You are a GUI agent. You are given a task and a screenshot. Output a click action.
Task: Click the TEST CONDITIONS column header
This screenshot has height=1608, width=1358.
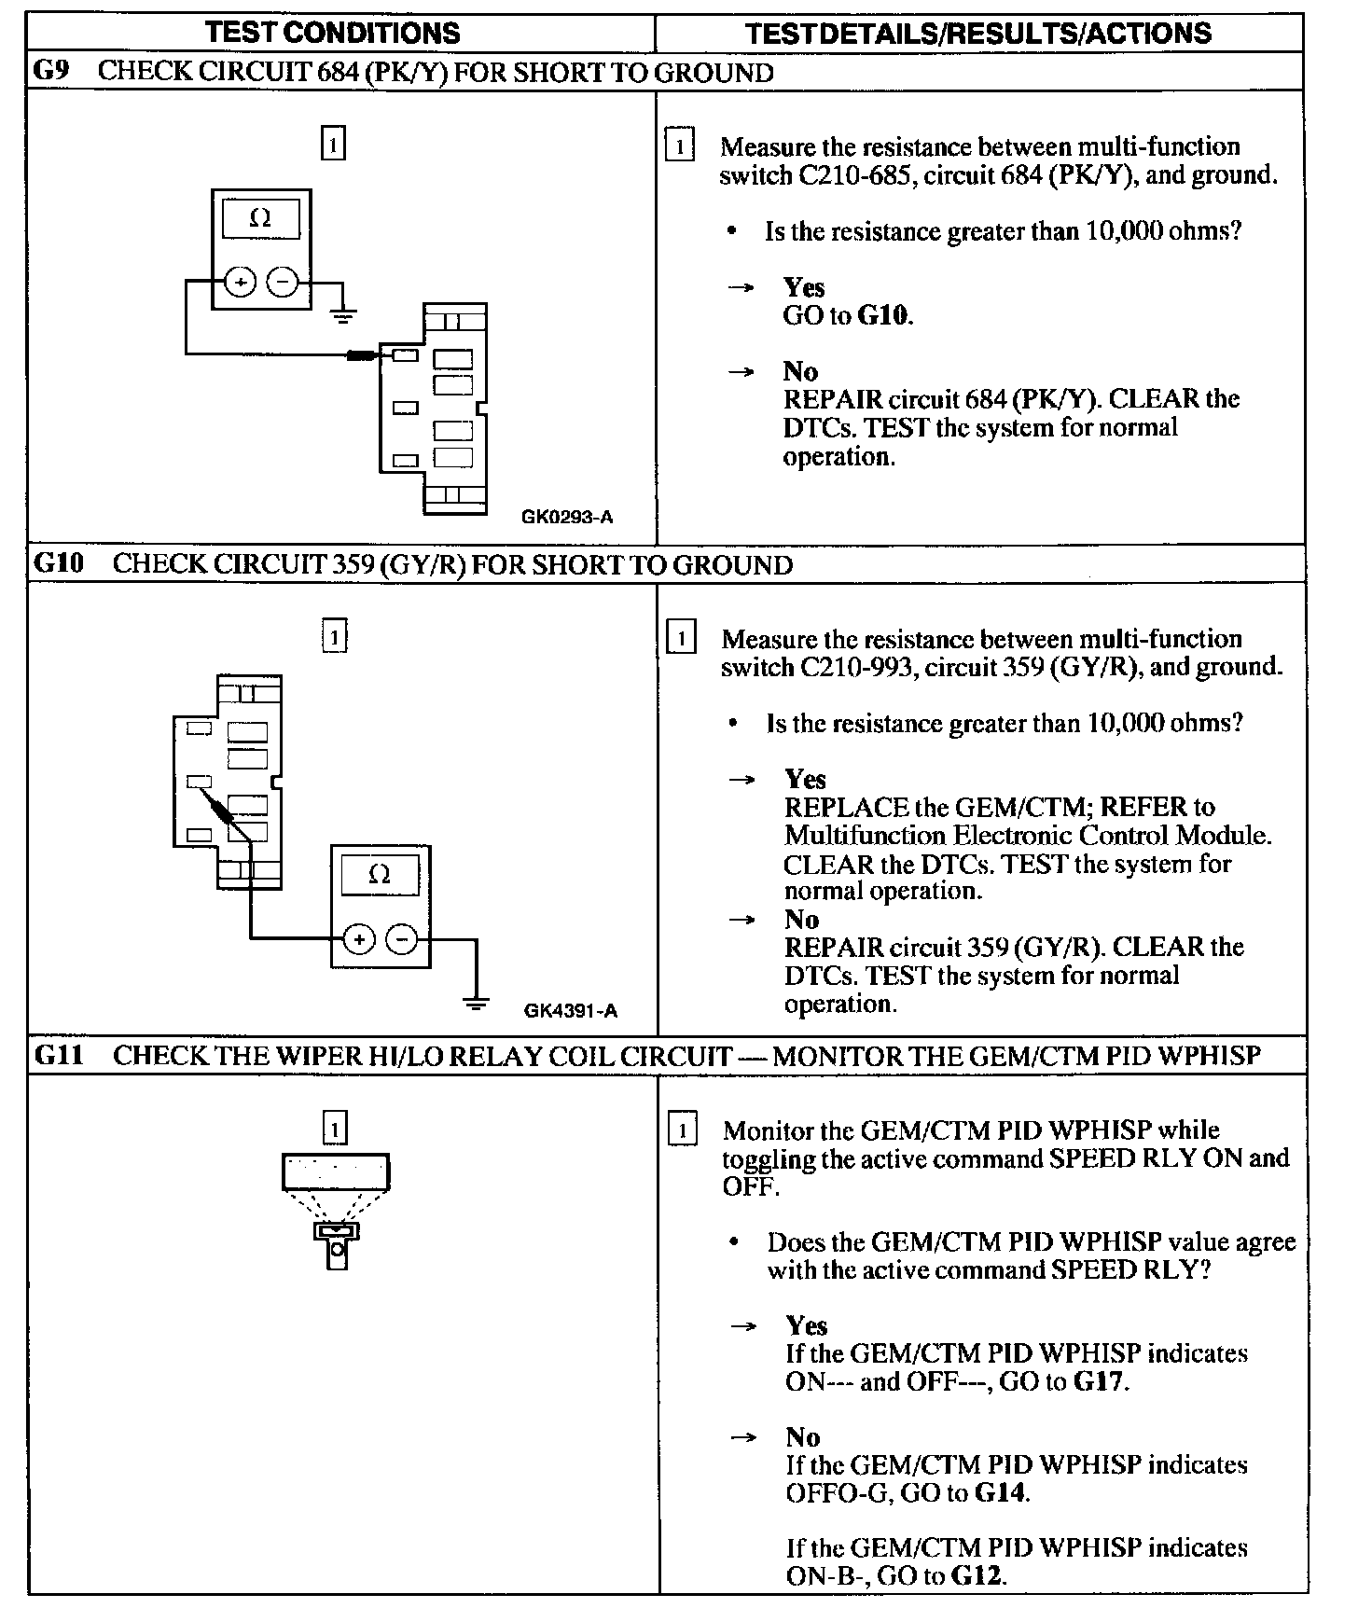pyautogui.click(x=333, y=33)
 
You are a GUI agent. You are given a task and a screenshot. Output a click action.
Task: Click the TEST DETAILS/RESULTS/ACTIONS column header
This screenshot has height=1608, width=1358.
pyautogui.click(x=978, y=34)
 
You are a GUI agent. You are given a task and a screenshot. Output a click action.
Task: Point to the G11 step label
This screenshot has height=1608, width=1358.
pyautogui.click(x=59, y=1056)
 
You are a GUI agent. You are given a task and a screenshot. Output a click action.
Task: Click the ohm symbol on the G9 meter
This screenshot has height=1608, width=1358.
pyautogui.click(x=261, y=219)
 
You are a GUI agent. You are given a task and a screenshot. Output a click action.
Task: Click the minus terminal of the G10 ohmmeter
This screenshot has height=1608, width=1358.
pyautogui.click(x=402, y=939)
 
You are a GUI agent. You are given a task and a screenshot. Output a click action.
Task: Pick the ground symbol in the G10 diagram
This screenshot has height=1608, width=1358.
pyautogui.click(x=476, y=1004)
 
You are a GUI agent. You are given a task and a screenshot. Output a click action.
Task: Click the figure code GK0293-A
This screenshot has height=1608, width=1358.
pyautogui.click(x=567, y=517)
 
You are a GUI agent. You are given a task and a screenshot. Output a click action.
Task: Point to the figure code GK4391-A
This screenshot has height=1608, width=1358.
pyautogui.click(x=571, y=1010)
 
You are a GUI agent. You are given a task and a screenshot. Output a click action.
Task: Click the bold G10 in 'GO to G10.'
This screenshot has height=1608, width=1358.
pyautogui.click(x=883, y=315)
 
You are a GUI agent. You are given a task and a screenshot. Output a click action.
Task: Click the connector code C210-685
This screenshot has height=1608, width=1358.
pyautogui.click(x=853, y=175)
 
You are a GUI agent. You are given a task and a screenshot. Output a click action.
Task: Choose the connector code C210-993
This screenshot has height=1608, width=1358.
pyautogui.click(x=855, y=668)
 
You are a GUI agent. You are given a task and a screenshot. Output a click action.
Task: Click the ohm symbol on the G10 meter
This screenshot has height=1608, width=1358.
pyautogui.click(x=380, y=875)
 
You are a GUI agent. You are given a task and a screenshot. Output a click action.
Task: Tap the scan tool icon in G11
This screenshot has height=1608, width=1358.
pyautogui.click(x=336, y=1208)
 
